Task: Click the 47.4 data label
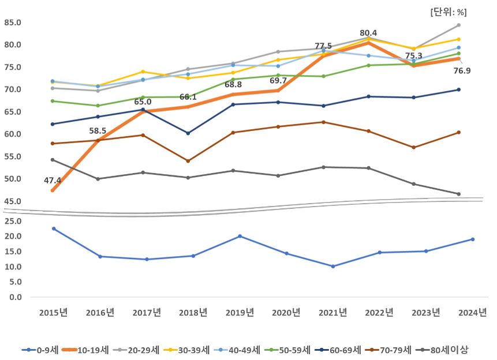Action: tap(53, 181)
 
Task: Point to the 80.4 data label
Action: tap(368, 33)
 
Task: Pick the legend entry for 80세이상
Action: tap(447, 350)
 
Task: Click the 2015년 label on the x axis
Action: tap(53, 313)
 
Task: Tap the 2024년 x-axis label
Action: tap(473, 313)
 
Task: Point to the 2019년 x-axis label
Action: tap(240, 313)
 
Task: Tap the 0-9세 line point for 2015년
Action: tap(53, 228)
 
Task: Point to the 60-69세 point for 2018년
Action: tap(188, 133)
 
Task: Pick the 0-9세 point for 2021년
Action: tap(333, 266)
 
